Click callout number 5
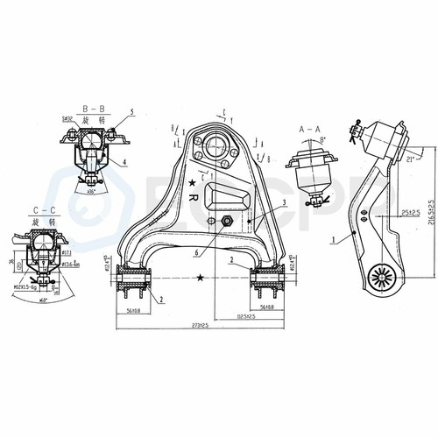point(131,112)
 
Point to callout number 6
point(199,252)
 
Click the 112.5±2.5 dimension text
point(239,315)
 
